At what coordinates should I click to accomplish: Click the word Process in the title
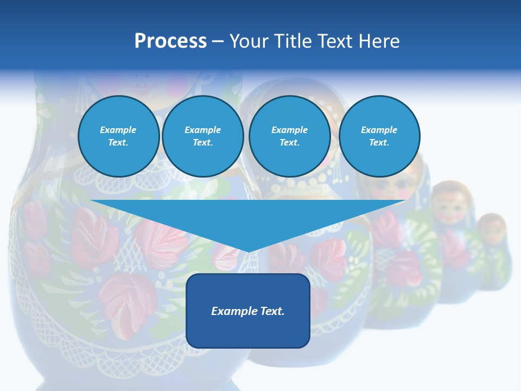170,41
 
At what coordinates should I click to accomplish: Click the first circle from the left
118,136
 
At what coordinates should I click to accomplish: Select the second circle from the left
203,136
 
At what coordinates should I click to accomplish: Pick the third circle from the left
289,136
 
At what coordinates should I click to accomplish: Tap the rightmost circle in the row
379,136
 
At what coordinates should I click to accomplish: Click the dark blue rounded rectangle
248,311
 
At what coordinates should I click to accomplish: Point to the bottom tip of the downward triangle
249,251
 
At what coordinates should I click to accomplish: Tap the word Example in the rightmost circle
379,130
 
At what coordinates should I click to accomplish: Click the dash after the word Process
218,41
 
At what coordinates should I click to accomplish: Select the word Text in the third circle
289,143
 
